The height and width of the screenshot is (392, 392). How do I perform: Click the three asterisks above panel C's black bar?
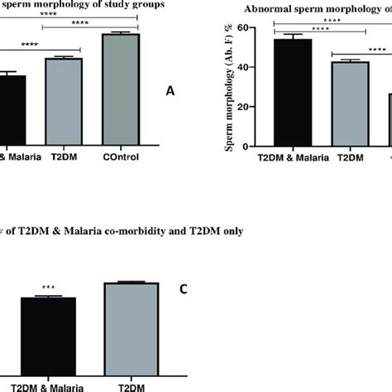click(x=47, y=290)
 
